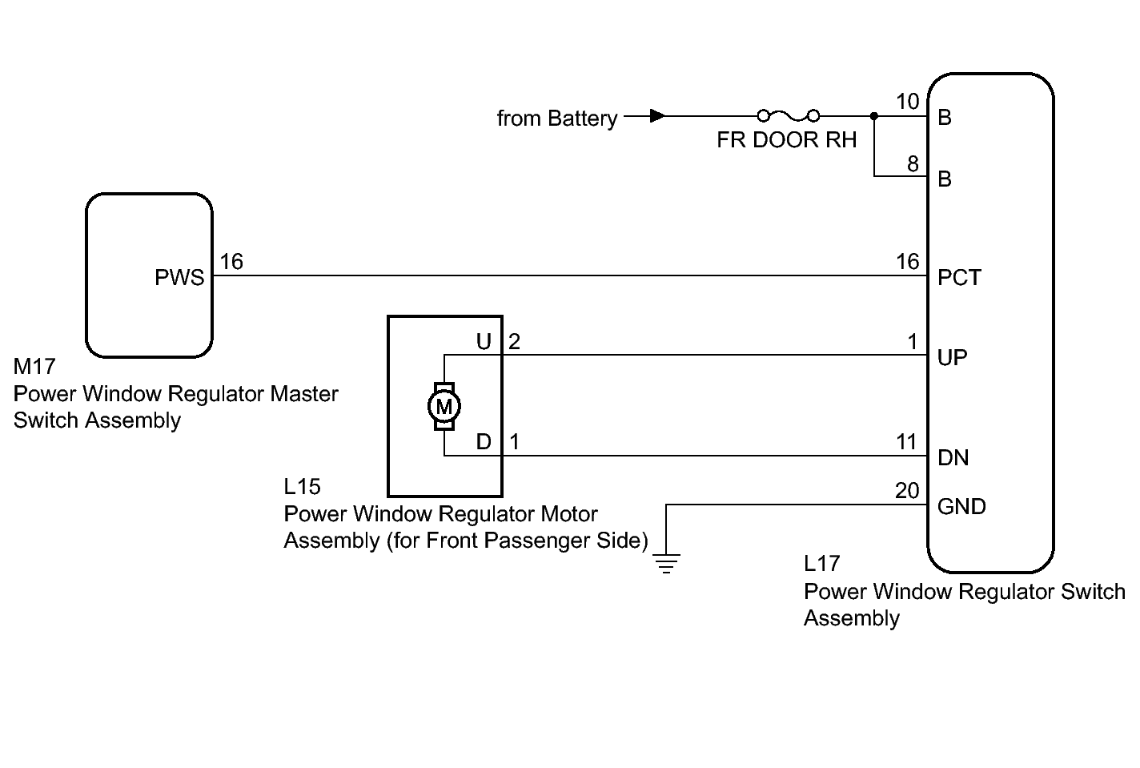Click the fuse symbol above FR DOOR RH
[x=789, y=116]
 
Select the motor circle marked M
[x=444, y=407]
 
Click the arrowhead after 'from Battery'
[x=657, y=116]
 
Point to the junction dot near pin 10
[x=874, y=117]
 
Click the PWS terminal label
[x=179, y=277]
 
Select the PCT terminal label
[x=959, y=277]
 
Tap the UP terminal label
[x=952, y=357]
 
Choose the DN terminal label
[x=953, y=457]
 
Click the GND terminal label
[x=961, y=506]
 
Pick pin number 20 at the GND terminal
[x=907, y=490]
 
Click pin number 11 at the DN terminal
[x=906, y=441]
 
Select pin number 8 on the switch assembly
[x=913, y=163]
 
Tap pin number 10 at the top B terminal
[x=908, y=102]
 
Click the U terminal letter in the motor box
[x=484, y=342]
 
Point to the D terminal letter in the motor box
[x=484, y=441]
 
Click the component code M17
[x=34, y=367]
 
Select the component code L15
[x=302, y=486]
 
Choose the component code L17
[x=821, y=564]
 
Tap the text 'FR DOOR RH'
[x=786, y=140]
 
